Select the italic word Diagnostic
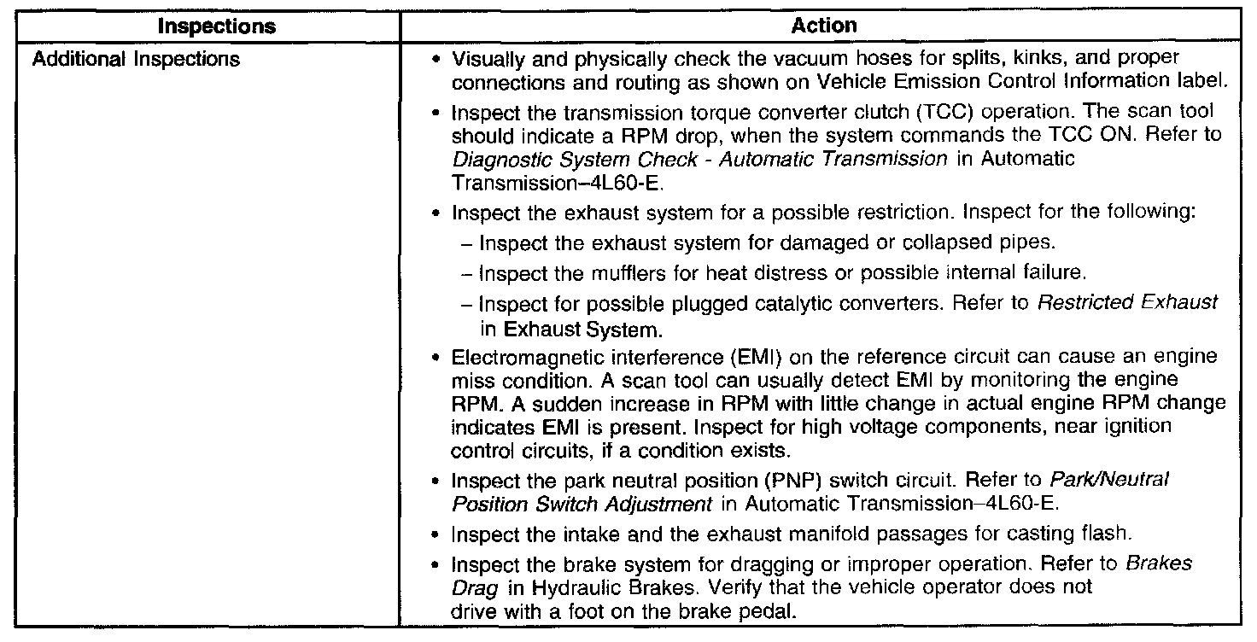(x=490, y=159)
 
